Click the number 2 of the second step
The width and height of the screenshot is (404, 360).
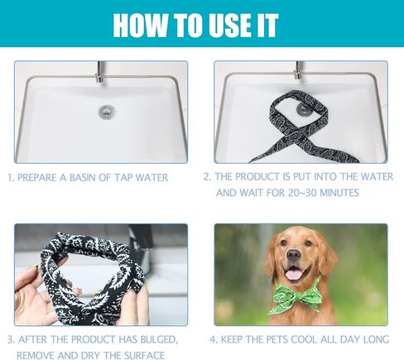pyautogui.click(x=207, y=177)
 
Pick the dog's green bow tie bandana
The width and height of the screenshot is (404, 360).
pyautogui.click(x=297, y=295)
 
